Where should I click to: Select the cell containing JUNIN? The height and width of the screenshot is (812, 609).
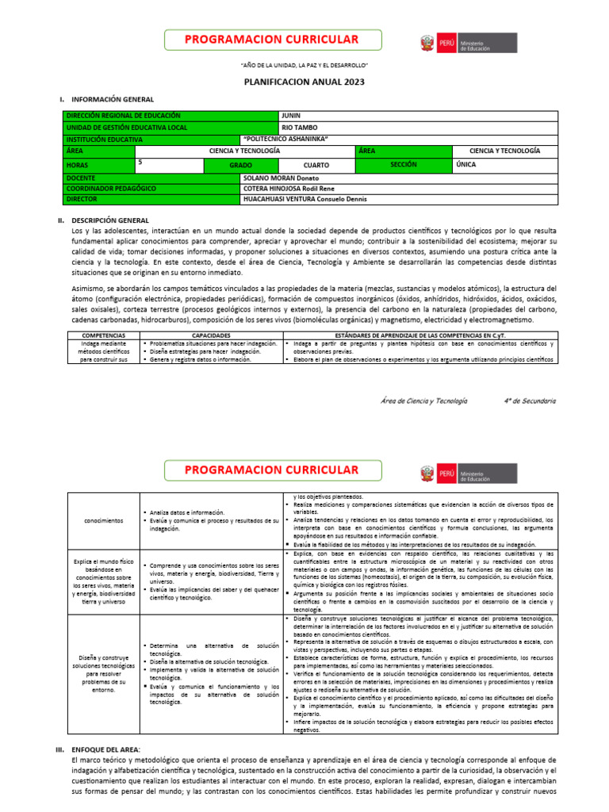click(292, 116)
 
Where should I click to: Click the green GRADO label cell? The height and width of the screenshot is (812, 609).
click(240, 164)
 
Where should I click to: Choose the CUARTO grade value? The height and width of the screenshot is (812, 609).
click(316, 165)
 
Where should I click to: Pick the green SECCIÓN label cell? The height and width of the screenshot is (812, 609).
click(404, 164)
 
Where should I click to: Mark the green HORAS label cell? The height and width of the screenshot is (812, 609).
click(78, 165)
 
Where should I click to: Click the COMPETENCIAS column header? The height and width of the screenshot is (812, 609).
click(103, 335)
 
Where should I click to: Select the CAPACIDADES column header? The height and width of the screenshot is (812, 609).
click(209, 335)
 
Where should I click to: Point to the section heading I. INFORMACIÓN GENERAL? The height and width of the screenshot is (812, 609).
click(107, 99)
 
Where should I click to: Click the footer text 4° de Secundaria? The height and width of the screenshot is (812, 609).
click(530, 401)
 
